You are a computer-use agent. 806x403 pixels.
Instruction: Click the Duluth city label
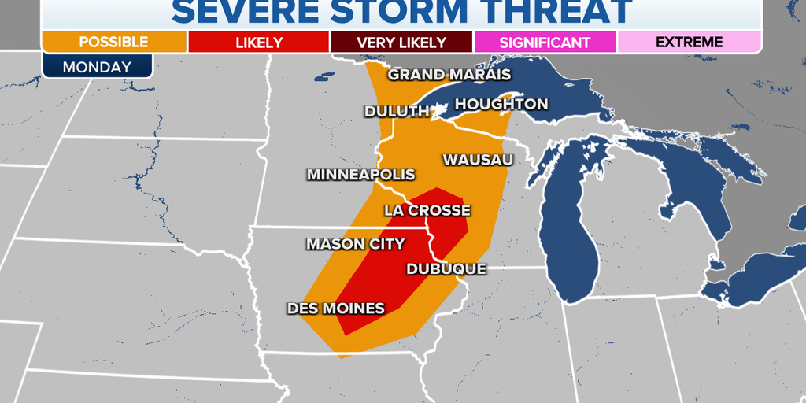397,112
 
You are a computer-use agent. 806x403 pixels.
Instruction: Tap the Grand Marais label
449,75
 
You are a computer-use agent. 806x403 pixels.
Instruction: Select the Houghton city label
501,104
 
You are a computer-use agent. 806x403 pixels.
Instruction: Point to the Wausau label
478,160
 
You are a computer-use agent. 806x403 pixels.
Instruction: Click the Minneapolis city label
360,175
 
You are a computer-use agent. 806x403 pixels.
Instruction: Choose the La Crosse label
427,210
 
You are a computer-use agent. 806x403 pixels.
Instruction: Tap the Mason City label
355,244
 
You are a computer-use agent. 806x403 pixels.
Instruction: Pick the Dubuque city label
446,268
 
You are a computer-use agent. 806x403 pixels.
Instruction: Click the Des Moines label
336,308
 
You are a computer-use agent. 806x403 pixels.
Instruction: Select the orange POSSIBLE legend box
114,43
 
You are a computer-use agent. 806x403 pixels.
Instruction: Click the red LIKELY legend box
258,43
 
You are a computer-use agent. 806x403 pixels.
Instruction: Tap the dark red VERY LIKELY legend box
401,43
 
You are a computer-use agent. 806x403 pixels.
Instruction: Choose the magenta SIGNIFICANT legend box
545,43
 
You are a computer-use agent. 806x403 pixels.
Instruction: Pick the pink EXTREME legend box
689,43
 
